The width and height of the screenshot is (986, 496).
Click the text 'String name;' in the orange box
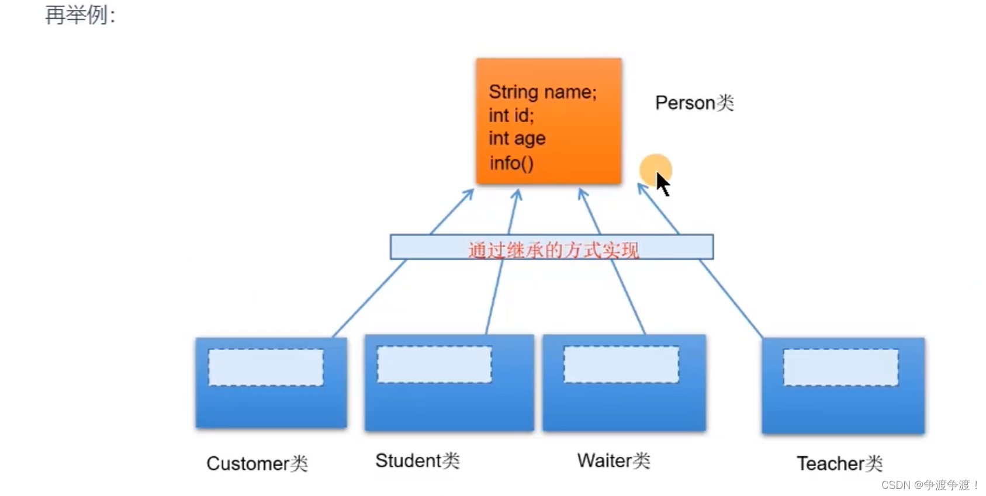point(542,92)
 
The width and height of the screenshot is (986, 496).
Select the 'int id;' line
point(511,116)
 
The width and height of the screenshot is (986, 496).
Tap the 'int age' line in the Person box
point(517,138)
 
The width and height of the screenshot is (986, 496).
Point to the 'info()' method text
point(511,163)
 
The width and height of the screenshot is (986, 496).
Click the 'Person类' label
point(694,103)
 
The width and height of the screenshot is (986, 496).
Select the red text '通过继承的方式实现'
point(552,249)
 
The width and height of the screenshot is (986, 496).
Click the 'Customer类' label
point(257,463)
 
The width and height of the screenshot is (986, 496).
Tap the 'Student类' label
point(417,460)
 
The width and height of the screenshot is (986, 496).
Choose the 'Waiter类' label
point(614,460)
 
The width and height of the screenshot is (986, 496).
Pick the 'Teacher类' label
point(839,463)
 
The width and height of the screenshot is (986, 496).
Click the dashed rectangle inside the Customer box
point(266,367)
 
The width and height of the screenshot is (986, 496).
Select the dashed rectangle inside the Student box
point(434,365)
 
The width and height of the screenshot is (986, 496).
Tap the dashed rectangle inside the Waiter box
point(621,365)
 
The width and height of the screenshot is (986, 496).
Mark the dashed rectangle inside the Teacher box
point(840,367)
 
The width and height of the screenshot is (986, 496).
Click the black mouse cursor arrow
point(662,183)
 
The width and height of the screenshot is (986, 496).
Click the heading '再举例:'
point(80,15)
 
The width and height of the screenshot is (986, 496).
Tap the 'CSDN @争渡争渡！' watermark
point(929,485)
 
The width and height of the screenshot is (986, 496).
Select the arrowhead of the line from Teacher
point(641,188)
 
